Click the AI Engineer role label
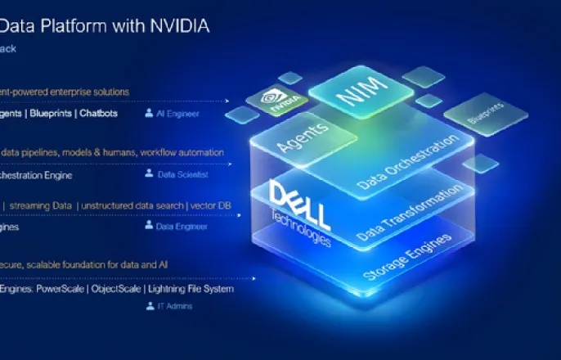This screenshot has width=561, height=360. click(177, 114)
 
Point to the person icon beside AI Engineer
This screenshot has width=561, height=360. click(149, 113)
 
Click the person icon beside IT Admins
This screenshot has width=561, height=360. click(149, 306)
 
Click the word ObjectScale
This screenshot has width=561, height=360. click(113, 289)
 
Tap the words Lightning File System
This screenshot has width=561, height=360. click(192, 289)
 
